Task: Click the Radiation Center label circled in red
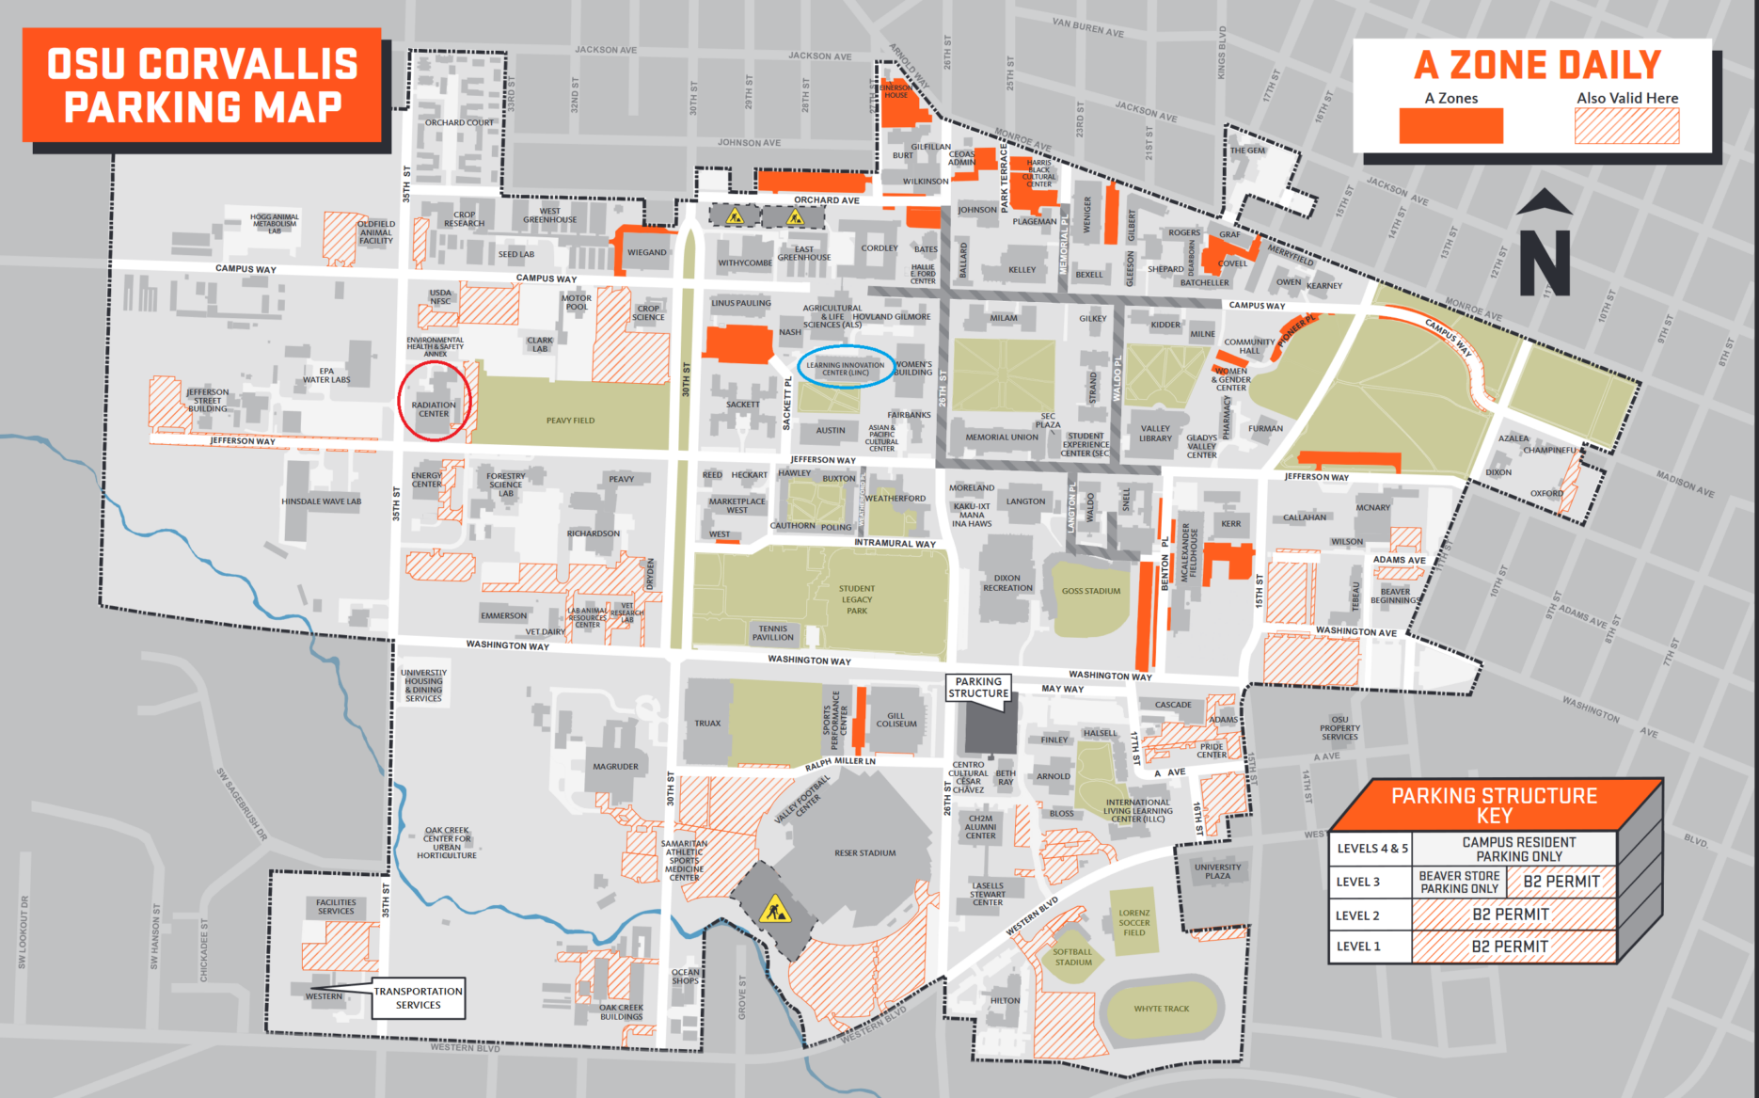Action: tap(433, 409)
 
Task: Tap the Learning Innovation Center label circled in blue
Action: tap(845, 369)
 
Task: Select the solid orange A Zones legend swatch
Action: tap(1450, 126)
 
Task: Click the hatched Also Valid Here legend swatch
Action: tap(1626, 126)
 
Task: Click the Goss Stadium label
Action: tap(1090, 591)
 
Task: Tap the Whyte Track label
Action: tap(1161, 1009)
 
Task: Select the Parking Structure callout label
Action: tap(978, 688)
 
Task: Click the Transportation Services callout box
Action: tap(418, 997)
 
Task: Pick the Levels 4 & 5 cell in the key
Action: tap(1371, 849)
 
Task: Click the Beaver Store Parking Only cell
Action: tap(1459, 882)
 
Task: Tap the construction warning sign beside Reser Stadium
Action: tap(775, 910)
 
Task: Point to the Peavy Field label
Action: tap(570, 421)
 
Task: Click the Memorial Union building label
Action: tap(1001, 437)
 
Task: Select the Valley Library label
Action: tap(1155, 433)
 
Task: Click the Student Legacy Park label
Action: tap(856, 599)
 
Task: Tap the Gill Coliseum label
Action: tap(895, 720)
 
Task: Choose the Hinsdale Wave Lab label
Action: tap(321, 501)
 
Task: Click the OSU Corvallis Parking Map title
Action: tap(202, 86)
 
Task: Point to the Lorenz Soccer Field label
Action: tap(1133, 922)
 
